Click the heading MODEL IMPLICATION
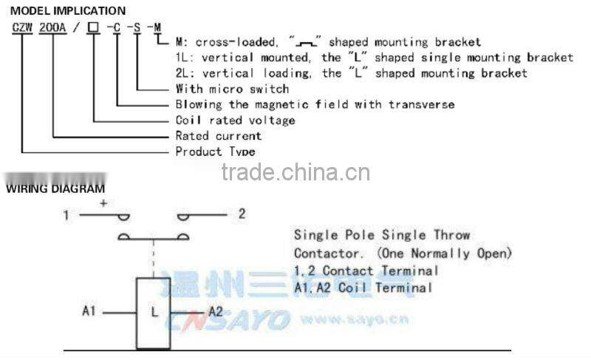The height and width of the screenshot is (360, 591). point(67,11)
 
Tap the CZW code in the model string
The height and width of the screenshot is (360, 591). point(22,28)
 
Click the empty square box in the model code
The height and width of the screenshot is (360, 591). point(93,28)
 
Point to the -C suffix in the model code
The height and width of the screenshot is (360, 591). point(114,28)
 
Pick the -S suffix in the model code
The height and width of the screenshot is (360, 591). point(134,28)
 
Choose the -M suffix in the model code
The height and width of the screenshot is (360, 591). point(154,28)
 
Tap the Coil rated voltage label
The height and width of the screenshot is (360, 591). point(235,120)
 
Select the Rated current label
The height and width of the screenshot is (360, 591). point(218,136)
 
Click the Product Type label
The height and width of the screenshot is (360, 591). point(215,152)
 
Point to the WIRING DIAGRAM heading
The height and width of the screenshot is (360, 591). point(55,189)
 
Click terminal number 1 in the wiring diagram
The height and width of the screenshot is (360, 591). point(66,215)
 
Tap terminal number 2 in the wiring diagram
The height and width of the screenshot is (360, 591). point(241,214)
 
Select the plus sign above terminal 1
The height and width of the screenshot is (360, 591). point(103,202)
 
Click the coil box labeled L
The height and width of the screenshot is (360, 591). point(154,310)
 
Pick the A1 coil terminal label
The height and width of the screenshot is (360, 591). point(89,311)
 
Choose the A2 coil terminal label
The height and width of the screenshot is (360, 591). point(215,311)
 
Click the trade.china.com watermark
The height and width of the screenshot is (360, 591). point(295,172)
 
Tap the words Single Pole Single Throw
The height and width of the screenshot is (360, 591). point(381,235)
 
